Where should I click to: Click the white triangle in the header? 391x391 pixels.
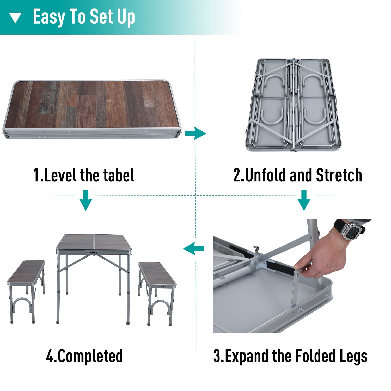[15, 18]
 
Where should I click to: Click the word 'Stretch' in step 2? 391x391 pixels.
[339, 175]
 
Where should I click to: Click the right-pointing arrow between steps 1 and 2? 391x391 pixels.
[195, 134]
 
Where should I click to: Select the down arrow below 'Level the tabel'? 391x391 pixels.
[85, 200]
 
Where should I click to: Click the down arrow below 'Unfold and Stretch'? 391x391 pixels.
[304, 200]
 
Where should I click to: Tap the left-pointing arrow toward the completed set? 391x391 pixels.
[194, 248]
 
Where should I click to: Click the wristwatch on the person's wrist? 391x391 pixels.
[350, 229]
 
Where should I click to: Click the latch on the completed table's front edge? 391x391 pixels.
[93, 252]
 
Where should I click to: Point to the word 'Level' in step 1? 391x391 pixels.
[61, 175]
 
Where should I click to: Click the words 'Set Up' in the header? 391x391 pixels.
[112, 17]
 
